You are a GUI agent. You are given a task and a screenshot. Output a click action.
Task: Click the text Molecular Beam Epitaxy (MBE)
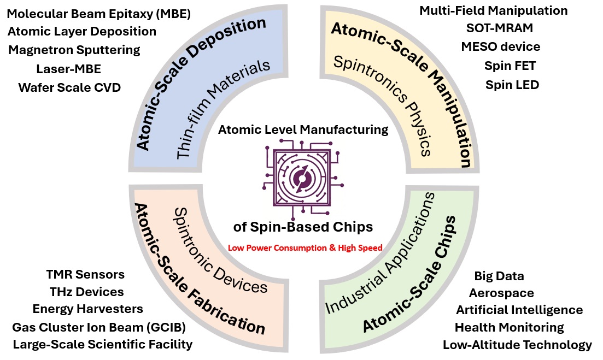click(x=99, y=14)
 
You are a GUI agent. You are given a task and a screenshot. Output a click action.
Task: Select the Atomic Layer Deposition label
click(x=82, y=32)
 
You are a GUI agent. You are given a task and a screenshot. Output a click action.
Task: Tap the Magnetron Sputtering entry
click(x=74, y=50)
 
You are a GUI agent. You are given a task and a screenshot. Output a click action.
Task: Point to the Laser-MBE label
click(x=69, y=69)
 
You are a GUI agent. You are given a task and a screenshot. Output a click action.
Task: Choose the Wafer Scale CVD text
click(x=69, y=87)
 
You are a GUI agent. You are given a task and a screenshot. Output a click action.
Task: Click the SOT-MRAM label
click(x=500, y=28)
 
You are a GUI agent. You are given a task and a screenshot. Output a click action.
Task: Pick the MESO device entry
click(x=501, y=46)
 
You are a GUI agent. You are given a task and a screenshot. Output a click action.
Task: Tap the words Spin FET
click(x=510, y=66)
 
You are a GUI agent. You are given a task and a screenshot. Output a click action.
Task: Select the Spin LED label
click(x=512, y=85)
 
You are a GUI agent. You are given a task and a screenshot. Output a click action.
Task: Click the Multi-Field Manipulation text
click(x=494, y=11)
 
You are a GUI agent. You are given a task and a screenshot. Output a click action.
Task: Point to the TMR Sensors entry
click(x=85, y=274)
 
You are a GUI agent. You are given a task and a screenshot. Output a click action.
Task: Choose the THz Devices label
click(x=86, y=292)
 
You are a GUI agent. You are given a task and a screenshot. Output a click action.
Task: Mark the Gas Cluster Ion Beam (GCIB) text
click(x=99, y=327)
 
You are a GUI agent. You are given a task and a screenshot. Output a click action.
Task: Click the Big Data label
click(x=499, y=276)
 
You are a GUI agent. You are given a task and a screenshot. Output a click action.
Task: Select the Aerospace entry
click(x=501, y=293)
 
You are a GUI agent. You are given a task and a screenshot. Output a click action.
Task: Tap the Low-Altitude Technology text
click(x=517, y=345)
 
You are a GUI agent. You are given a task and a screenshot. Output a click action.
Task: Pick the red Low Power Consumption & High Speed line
click(x=305, y=248)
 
